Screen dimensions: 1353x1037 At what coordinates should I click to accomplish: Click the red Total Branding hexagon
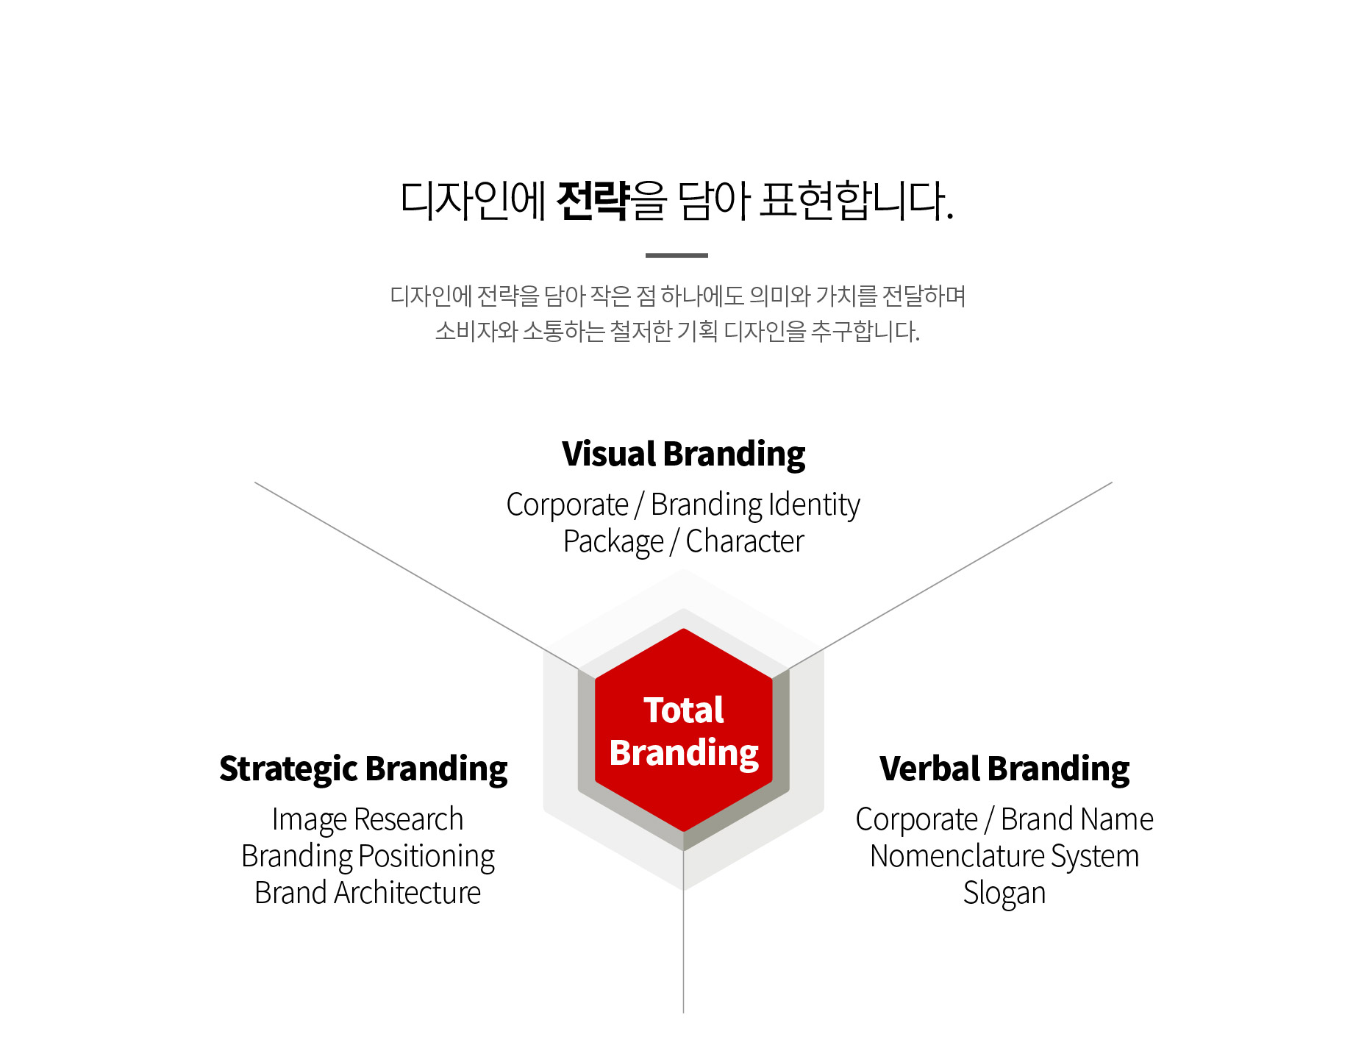point(684,730)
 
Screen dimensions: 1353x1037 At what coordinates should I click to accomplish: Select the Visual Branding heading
point(684,455)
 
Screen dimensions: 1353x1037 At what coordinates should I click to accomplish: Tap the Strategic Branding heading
point(363,770)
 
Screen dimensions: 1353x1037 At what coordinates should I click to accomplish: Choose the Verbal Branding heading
point(1004,769)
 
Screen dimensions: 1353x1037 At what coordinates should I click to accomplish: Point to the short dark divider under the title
point(676,255)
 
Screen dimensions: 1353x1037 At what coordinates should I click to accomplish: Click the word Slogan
point(1004,894)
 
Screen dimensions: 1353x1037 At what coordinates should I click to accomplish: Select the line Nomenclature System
point(1004,856)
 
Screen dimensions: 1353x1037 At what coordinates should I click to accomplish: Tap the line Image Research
point(368,819)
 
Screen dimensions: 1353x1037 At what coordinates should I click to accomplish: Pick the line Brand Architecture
point(368,893)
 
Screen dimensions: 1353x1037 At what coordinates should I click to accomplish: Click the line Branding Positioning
point(368,857)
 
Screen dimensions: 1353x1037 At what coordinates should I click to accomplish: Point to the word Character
point(745,541)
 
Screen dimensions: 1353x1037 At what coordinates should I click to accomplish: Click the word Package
point(613,543)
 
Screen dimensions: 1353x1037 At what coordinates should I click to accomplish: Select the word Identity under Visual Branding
point(814,505)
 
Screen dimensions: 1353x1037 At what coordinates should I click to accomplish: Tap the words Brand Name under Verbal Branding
point(1077,819)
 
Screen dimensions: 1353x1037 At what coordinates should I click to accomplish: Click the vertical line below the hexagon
point(684,932)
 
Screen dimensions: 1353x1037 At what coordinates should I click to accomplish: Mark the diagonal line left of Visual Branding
point(416,577)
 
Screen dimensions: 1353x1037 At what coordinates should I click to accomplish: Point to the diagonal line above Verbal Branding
point(950,577)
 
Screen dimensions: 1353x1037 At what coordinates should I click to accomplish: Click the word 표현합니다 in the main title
point(857,201)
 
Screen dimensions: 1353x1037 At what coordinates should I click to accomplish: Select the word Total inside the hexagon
point(684,710)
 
